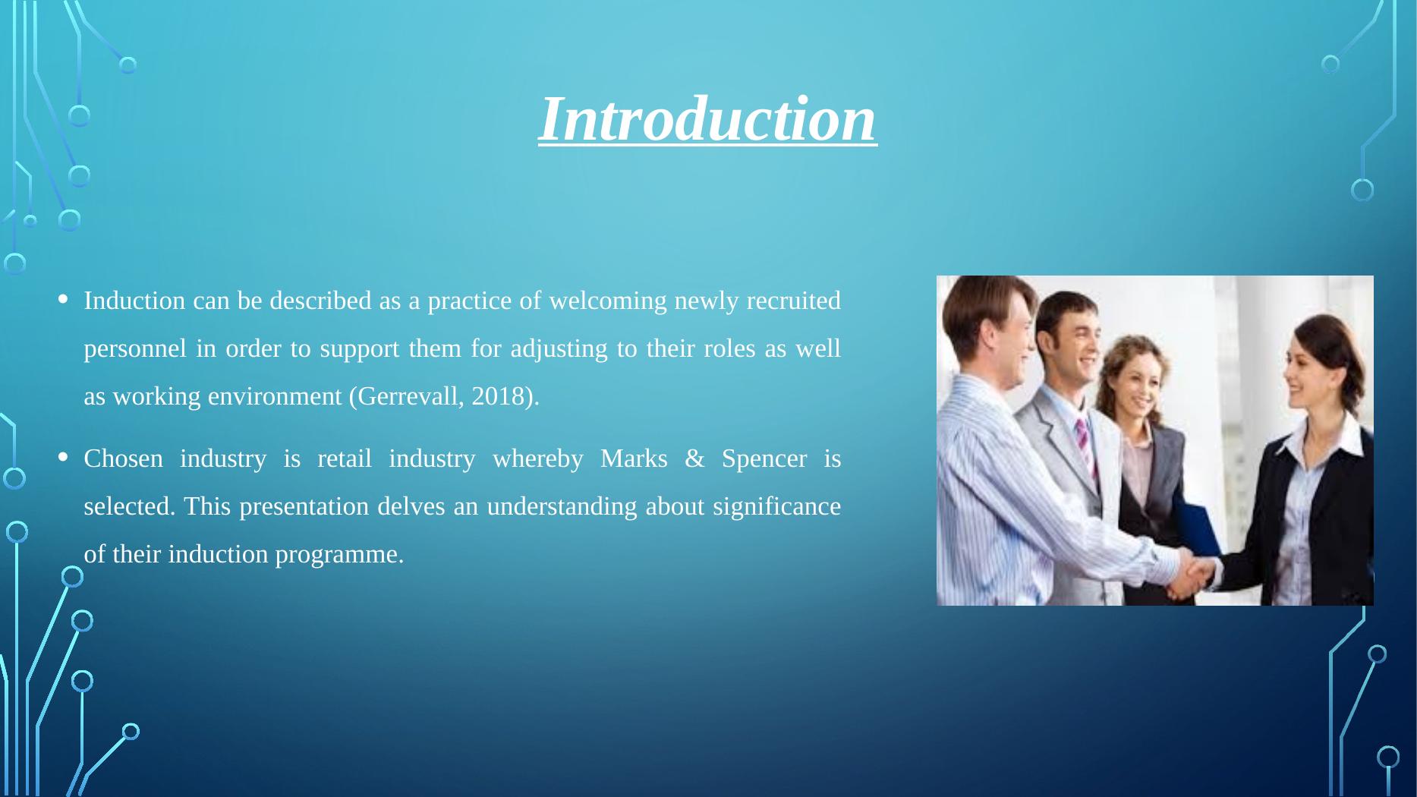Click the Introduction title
click(707, 119)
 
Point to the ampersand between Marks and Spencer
click(694, 458)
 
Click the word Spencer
click(764, 458)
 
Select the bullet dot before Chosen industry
click(64, 458)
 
